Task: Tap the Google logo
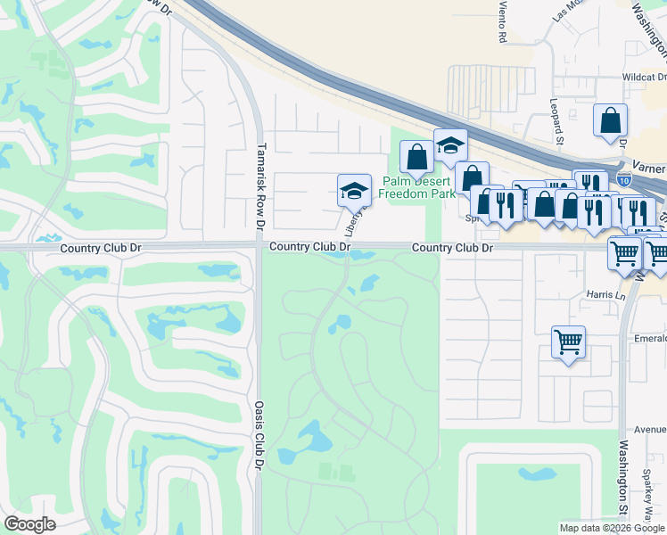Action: pyautogui.click(x=29, y=524)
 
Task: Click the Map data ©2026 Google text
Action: pyautogui.click(x=611, y=528)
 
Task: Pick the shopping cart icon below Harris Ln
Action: pyautogui.click(x=568, y=342)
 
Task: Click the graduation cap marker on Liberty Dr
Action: pyautogui.click(x=354, y=189)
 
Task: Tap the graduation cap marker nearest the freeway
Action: pyautogui.click(x=450, y=144)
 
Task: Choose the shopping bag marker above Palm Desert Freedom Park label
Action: pyautogui.click(x=416, y=157)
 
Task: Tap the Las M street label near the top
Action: pyautogui.click(x=566, y=11)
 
